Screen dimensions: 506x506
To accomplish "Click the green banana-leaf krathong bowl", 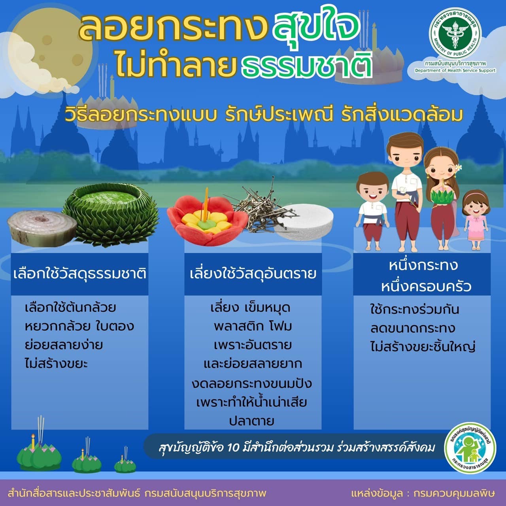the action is coord(111,214).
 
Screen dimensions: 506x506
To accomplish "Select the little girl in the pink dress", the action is coord(476,220).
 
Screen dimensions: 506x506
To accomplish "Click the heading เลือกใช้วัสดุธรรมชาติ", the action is coord(79,274).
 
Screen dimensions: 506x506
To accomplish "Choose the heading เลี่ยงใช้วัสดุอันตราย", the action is coord(253,274).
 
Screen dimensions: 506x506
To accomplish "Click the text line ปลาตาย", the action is coord(252,421).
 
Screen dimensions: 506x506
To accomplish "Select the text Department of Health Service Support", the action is coord(455,70).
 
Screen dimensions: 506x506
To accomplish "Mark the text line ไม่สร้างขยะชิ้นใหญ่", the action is coord(423,347).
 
